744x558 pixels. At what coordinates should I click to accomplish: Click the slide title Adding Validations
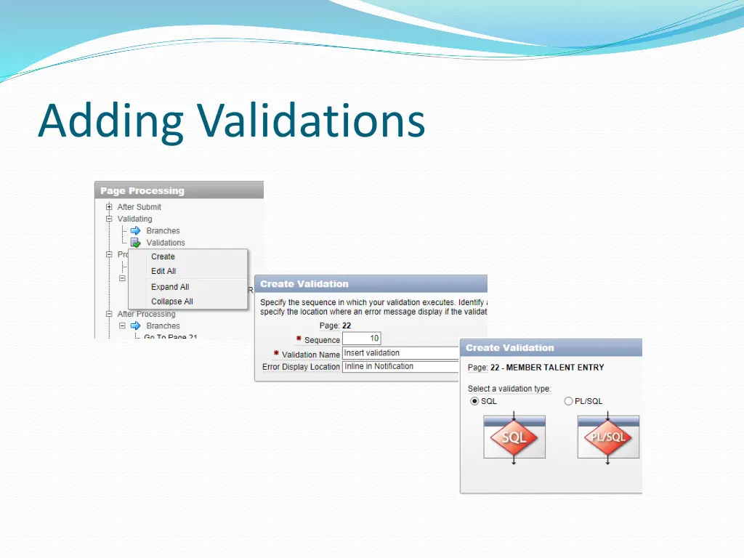click(231, 121)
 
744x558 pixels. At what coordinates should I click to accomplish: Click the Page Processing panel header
click(142, 191)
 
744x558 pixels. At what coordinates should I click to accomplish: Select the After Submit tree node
click(139, 207)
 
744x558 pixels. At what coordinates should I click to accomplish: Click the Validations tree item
click(166, 243)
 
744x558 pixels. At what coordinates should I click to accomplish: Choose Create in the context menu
click(163, 256)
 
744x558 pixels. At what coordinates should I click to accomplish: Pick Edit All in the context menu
click(163, 271)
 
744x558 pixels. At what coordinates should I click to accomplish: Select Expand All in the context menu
click(170, 287)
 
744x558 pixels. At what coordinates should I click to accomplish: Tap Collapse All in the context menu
click(172, 302)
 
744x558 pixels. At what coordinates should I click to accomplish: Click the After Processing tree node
click(146, 314)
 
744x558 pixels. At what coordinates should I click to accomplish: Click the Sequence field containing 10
click(361, 339)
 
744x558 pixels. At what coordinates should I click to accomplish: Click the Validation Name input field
click(400, 353)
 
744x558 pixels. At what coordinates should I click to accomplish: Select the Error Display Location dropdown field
click(400, 367)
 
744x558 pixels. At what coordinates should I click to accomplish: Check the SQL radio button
click(474, 401)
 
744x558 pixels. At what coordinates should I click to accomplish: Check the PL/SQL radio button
click(568, 401)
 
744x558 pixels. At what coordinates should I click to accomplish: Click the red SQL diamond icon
click(514, 437)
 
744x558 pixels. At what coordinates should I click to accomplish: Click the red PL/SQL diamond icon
click(608, 437)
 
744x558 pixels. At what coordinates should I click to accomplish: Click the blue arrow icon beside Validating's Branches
click(135, 231)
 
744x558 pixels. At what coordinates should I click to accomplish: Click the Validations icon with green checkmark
click(135, 243)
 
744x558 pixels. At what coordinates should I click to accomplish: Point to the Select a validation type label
click(509, 389)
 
